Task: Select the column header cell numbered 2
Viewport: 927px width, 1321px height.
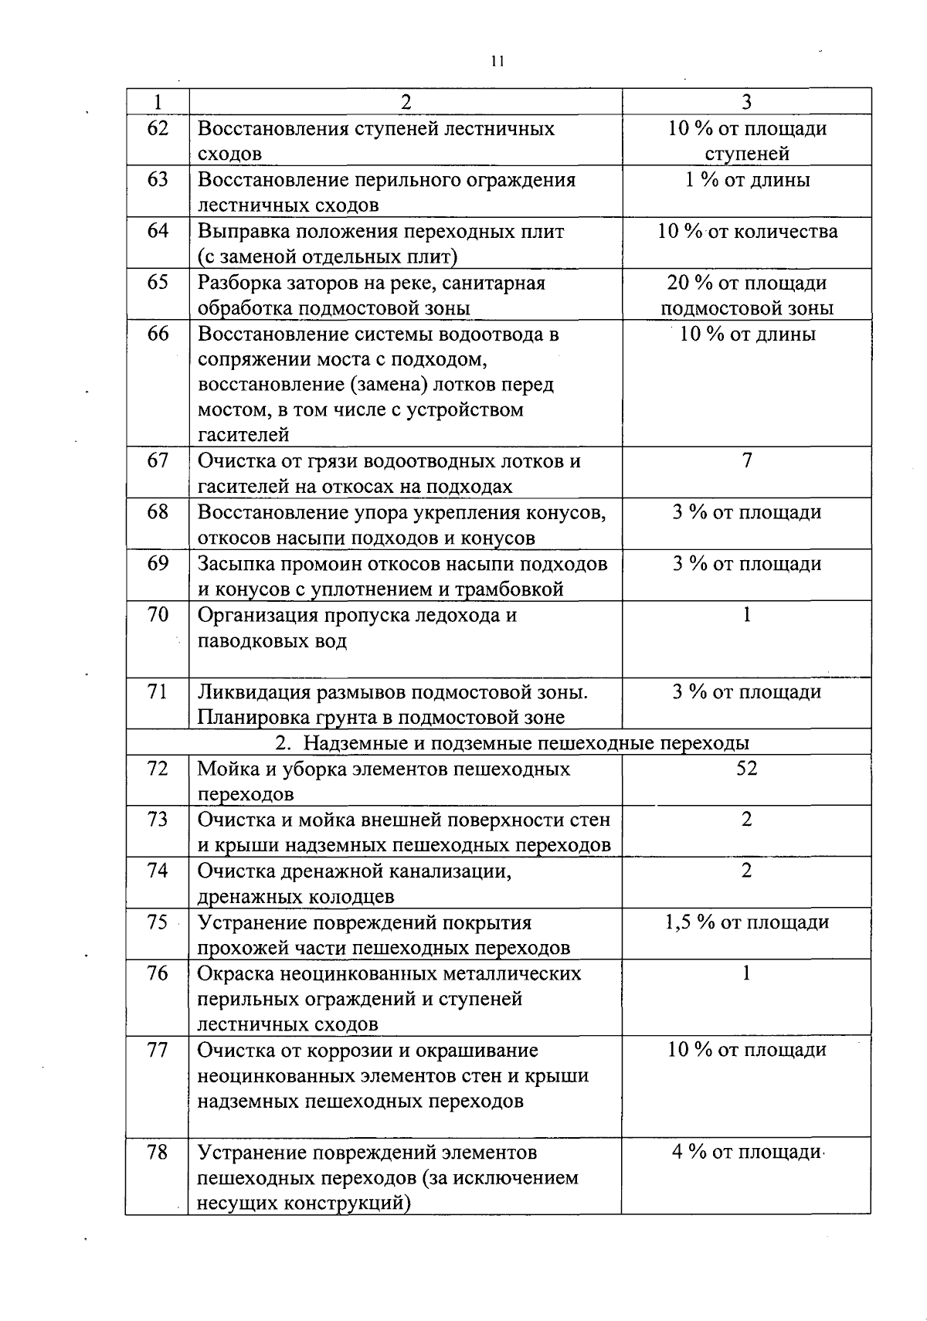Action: pos(406,102)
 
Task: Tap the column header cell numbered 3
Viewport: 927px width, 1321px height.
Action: pos(746,102)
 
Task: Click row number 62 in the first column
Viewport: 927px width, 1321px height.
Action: pos(158,128)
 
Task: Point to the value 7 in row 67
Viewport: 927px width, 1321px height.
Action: pos(747,461)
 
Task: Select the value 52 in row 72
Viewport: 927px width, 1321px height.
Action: pos(747,768)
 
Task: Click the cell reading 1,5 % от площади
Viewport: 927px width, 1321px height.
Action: pos(747,922)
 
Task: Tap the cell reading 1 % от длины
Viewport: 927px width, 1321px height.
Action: pos(747,180)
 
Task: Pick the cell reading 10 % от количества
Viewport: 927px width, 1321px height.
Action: pos(747,231)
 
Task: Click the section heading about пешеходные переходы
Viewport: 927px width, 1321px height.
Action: pos(513,743)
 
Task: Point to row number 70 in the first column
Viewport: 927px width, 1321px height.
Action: pos(158,615)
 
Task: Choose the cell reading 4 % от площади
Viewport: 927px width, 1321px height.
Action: pos(745,1152)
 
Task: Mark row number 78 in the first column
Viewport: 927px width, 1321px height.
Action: pos(158,1152)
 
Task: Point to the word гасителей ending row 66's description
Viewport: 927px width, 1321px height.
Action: pos(243,435)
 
